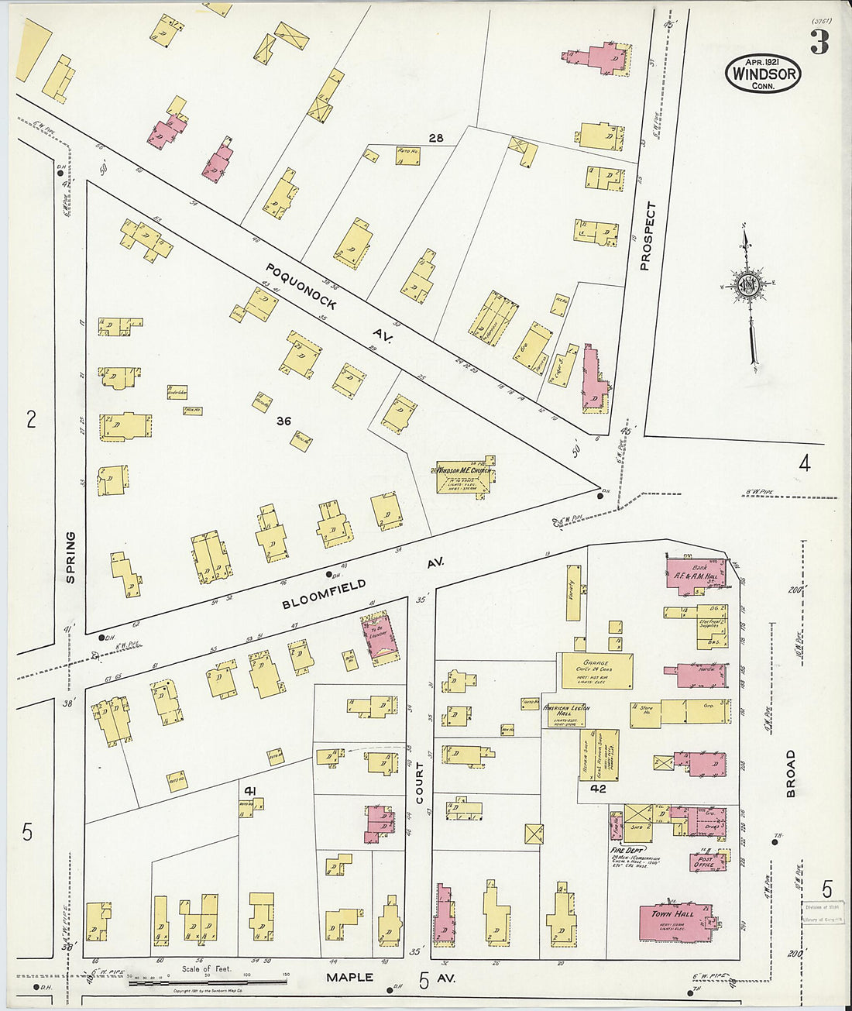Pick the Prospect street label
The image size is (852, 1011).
648,236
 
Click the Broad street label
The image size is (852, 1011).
791,772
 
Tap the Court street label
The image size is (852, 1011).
420,782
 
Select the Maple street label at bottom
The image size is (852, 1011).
349,978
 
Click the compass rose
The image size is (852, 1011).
748,285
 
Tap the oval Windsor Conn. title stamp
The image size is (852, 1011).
763,74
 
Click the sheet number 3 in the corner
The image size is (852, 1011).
819,43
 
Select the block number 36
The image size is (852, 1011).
283,421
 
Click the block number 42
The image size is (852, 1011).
597,789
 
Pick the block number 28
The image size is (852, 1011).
436,138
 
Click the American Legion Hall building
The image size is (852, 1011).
565,714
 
